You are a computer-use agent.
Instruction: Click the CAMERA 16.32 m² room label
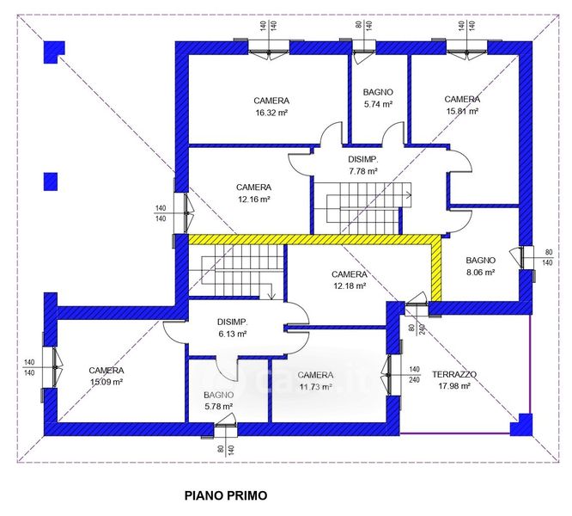point(271,106)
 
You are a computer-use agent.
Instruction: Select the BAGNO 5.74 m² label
point(378,97)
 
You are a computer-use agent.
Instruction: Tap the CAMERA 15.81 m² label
point(462,104)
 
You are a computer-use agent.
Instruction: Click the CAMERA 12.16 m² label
point(253,193)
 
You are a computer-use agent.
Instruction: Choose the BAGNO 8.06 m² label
point(480,266)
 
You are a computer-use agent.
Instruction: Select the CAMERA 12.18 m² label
point(349,279)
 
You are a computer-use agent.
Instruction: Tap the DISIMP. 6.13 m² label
point(232,328)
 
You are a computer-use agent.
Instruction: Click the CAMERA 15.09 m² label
point(106,376)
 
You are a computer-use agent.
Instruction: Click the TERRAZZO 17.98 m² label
point(453,380)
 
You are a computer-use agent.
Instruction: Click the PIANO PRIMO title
point(226,495)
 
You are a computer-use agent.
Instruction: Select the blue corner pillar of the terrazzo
point(520,424)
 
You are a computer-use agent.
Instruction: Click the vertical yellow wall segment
point(436,268)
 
